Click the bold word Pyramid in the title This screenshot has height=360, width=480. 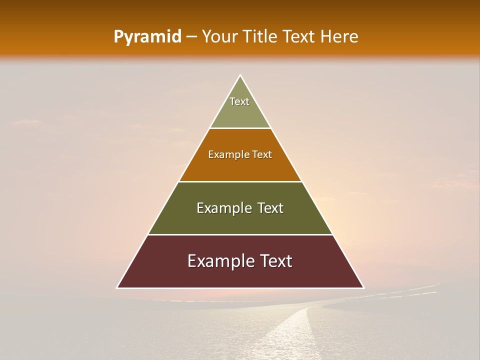tap(147, 37)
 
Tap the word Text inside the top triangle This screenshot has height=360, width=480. tap(239, 101)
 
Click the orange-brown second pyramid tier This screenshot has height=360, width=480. tap(240, 167)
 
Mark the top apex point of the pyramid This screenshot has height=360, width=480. tap(240, 75)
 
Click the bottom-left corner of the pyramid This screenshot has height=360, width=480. tap(117, 287)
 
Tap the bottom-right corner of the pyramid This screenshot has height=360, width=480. tap(363, 287)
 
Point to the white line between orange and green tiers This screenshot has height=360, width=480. tap(240, 181)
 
